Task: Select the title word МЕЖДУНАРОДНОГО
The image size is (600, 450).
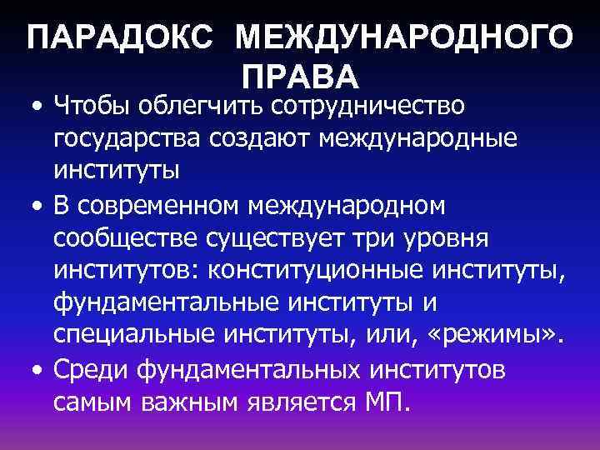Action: coord(404,40)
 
